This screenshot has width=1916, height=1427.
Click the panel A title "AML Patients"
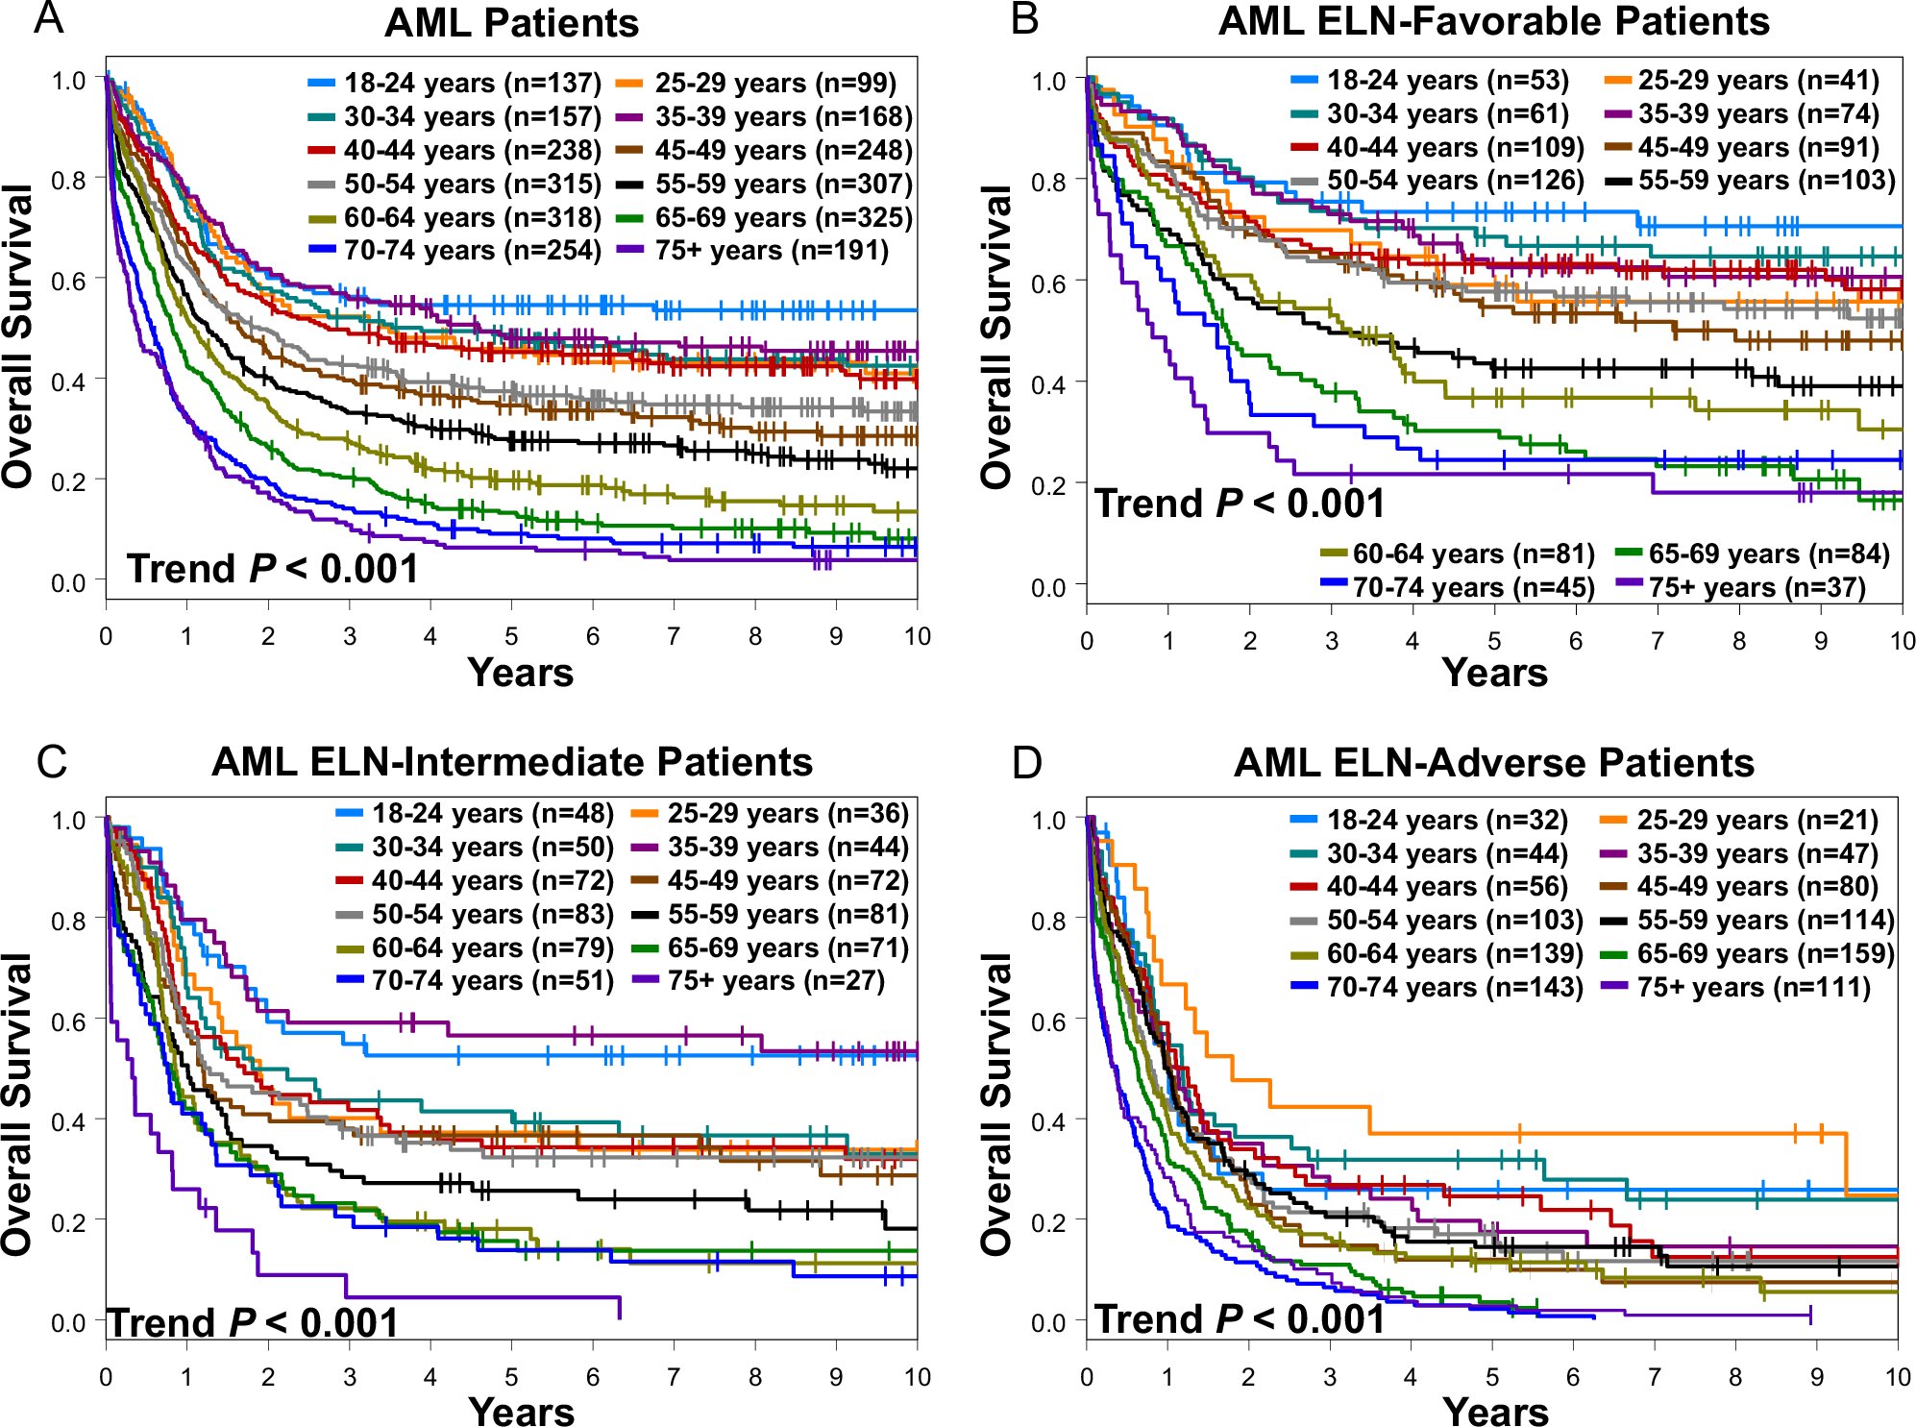[511, 24]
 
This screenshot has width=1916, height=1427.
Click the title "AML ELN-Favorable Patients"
[1493, 22]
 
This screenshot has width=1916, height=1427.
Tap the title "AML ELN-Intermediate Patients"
[512, 762]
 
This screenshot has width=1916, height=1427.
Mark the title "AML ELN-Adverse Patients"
[1493, 763]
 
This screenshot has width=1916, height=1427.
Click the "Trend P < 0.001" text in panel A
[273, 569]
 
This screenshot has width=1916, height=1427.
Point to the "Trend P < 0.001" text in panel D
[1240, 1319]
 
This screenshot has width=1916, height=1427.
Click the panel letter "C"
[51, 762]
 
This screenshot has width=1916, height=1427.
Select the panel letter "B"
[1025, 19]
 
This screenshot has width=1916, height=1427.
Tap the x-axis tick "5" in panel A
[511, 636]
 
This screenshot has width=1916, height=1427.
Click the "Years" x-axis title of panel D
[1495, 1412]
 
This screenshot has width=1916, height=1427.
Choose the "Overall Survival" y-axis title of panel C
[17, 1105]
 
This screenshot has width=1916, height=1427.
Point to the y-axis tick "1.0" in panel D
[1048, 821]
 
